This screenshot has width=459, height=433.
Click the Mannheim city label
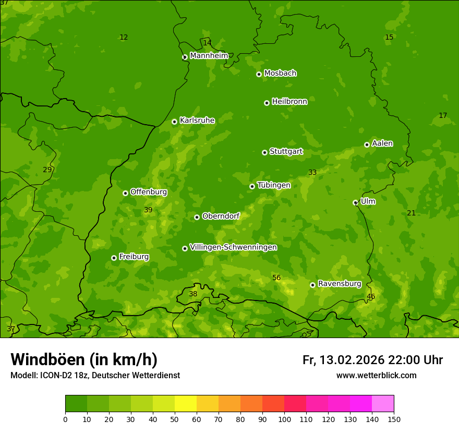(x=209, y=56)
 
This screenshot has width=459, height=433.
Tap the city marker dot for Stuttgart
(x=264, y=152)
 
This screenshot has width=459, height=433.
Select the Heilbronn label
(x=289, y=102)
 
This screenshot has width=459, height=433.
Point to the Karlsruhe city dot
(x=174, y=122)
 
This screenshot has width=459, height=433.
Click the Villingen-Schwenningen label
(x=233, y=247)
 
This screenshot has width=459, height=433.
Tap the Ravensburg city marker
(x=312, y=285)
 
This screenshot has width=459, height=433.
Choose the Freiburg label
(x=134, y=257)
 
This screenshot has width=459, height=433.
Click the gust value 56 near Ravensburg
(x=276, y=278)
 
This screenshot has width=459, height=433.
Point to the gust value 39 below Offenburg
(x=148, y=210)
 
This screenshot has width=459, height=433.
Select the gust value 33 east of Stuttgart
(x=312, y=173)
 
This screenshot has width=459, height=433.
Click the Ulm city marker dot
(x=355, y=202)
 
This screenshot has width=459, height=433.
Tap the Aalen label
(x=382, y=143)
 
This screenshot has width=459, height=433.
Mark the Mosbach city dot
(x=259, y=74)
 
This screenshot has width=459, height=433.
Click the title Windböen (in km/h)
(x=84, y=359)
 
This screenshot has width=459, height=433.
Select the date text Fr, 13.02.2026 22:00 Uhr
(x=372, y=360)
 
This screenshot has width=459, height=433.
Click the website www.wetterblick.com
(x=376, y=375)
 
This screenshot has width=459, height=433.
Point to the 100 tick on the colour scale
(x=284, y=419)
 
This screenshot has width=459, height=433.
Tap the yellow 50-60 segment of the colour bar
(x=186, y=404)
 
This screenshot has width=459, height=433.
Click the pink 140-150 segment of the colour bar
(x=383, y=404)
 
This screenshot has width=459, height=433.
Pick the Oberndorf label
(x=221, y=216)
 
